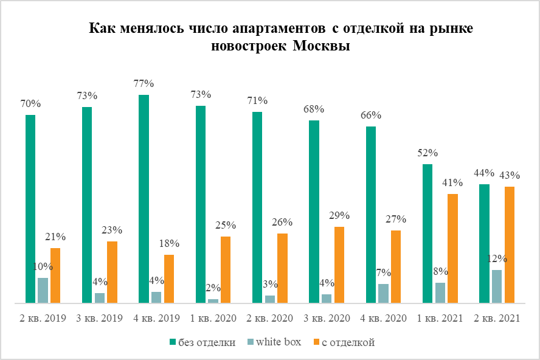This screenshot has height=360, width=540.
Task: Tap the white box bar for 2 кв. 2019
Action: (x=43, y=290)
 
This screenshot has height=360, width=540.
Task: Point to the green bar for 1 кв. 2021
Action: (x=427, y=234)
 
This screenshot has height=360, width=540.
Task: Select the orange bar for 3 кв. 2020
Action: (x=339, y=265)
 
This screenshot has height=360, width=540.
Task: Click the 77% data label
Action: (x=144, y=83)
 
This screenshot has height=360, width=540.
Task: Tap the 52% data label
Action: (x=427, y=153)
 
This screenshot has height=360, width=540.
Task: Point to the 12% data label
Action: (x=497, y=258)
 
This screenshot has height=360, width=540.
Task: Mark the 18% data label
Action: (x=169, y=243)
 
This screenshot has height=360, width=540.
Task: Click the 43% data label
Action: (x=510, y=175)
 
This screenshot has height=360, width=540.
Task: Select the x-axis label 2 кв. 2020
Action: (x=270, y=318)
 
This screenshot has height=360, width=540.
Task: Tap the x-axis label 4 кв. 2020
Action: (x=383, y=318)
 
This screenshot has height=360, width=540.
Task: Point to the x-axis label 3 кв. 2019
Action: (x=100, y=318)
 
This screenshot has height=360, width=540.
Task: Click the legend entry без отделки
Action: (x=207, y=342)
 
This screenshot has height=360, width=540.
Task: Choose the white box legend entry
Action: (x=279, y=342)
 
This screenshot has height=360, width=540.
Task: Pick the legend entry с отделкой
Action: (x=348, y=342)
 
